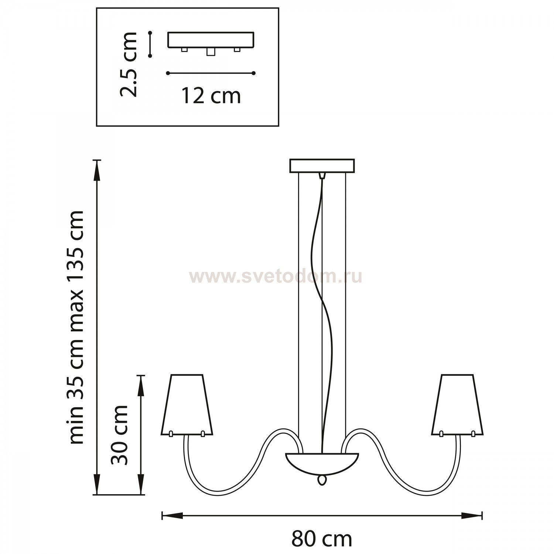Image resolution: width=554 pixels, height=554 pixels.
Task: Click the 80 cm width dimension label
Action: pos(322,540)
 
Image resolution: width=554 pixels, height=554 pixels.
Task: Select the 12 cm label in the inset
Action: pos(211,96)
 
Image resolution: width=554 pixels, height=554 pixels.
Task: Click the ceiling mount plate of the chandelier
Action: pos(322,166)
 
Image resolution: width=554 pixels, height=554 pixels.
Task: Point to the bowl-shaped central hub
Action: pos(322,463)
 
